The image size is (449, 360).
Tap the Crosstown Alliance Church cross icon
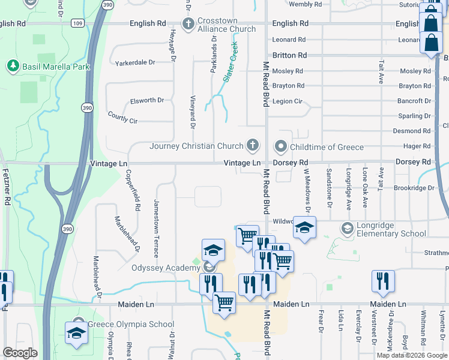(188, 24)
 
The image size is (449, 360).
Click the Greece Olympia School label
(131, 325)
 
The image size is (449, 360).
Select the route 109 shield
(77, 23)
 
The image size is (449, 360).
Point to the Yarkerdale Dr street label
(135, 62)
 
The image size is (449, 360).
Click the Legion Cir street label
(287, 101)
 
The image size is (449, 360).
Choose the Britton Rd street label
(289, 55)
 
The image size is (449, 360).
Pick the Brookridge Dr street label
(414, 188)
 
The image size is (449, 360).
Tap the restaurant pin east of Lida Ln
(382, 281)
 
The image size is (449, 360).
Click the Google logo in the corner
(20, 352)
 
